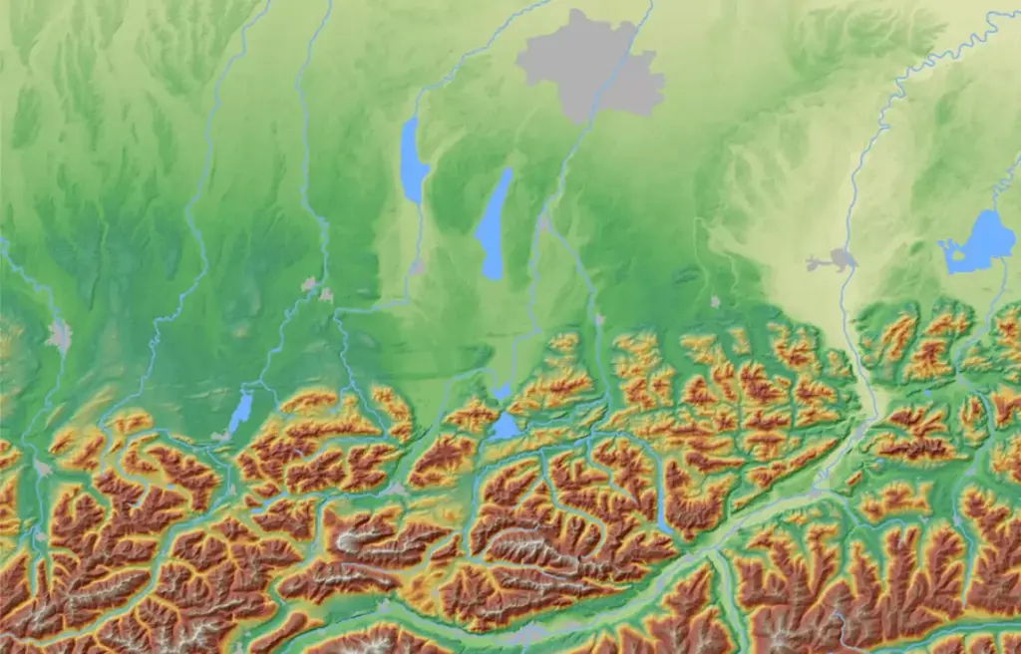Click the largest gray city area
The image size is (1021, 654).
click(x=588, y=65)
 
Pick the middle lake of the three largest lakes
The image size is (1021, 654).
click(x=495, y=224)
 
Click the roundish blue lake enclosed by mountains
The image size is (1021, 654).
click(x=505, y=427)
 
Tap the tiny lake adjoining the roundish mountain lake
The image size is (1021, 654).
click(x=502, y=393)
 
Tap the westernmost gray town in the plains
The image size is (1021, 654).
click(x=60, y=335)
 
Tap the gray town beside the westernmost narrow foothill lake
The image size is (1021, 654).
click(x=221, y=436)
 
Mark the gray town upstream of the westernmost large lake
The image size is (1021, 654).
click(x=418, y=267)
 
